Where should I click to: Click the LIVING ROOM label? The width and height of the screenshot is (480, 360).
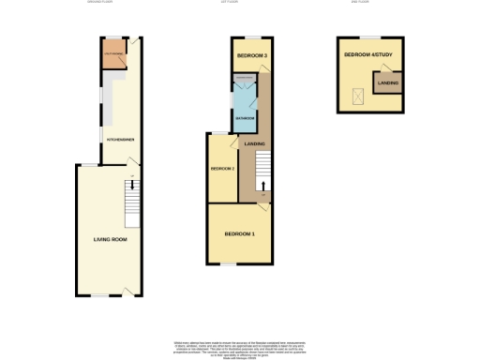[110, 239]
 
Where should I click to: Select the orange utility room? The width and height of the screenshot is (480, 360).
[113, 54]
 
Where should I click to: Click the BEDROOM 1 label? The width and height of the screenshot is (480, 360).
[239, 232]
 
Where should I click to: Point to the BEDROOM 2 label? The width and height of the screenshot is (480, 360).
[222, 168]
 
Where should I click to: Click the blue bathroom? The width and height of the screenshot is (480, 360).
[243, 114]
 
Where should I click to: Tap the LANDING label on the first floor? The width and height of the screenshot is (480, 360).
[254, 143]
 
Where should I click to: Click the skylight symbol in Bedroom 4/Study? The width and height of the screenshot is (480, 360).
[356, 93]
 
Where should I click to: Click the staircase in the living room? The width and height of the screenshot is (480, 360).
[132, 202]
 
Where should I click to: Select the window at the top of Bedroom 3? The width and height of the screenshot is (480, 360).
[250, 37]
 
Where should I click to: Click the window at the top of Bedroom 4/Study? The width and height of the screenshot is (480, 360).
[369, 37]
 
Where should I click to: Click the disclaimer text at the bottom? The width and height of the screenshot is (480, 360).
[239, 348]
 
